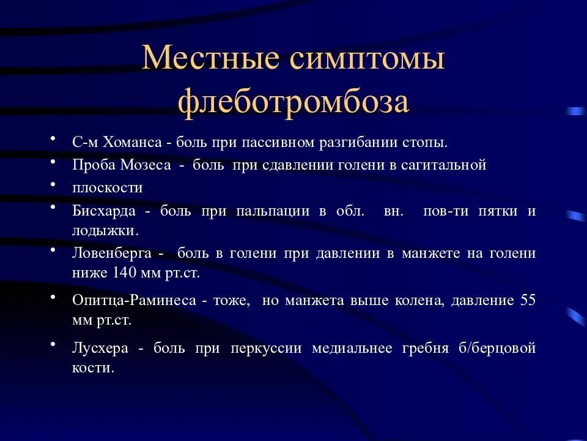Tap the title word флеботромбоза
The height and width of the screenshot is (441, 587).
293,102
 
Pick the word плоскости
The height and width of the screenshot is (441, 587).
107,187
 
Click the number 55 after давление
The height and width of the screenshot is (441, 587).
528,301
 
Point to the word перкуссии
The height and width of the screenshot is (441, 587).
266,348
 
